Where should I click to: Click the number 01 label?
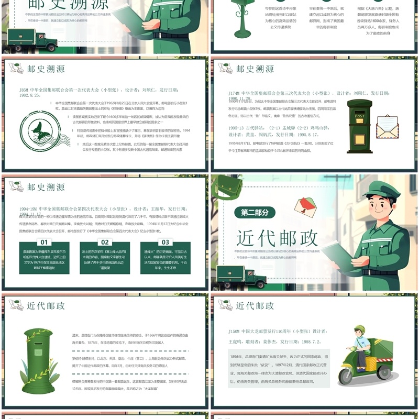point(45,242)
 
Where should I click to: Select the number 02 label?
point(105,242)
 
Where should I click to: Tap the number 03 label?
point(166,242)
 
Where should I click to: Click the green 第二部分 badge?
point(255,213)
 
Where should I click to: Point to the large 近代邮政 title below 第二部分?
point(277,238)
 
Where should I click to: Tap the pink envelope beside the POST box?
point(387,126)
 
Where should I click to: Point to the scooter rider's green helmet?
point(359,329)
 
